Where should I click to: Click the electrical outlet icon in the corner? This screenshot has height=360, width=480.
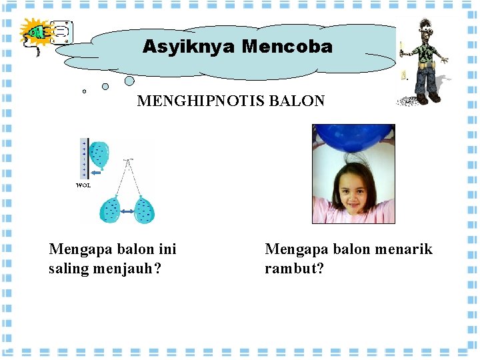click(x=61, y=33)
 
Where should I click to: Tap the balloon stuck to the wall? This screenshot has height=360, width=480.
click(x=100, y=155)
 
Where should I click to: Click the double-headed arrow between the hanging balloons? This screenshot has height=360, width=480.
click(x=127, y=211)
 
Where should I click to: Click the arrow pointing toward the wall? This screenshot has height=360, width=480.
click(x=97, y=173)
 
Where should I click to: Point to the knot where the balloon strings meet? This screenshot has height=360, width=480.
click(x=129, y=160)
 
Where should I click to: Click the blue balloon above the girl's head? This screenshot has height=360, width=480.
click(x=353, y=137)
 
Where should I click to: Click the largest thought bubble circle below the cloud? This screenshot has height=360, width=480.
click(x=129, y=81)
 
